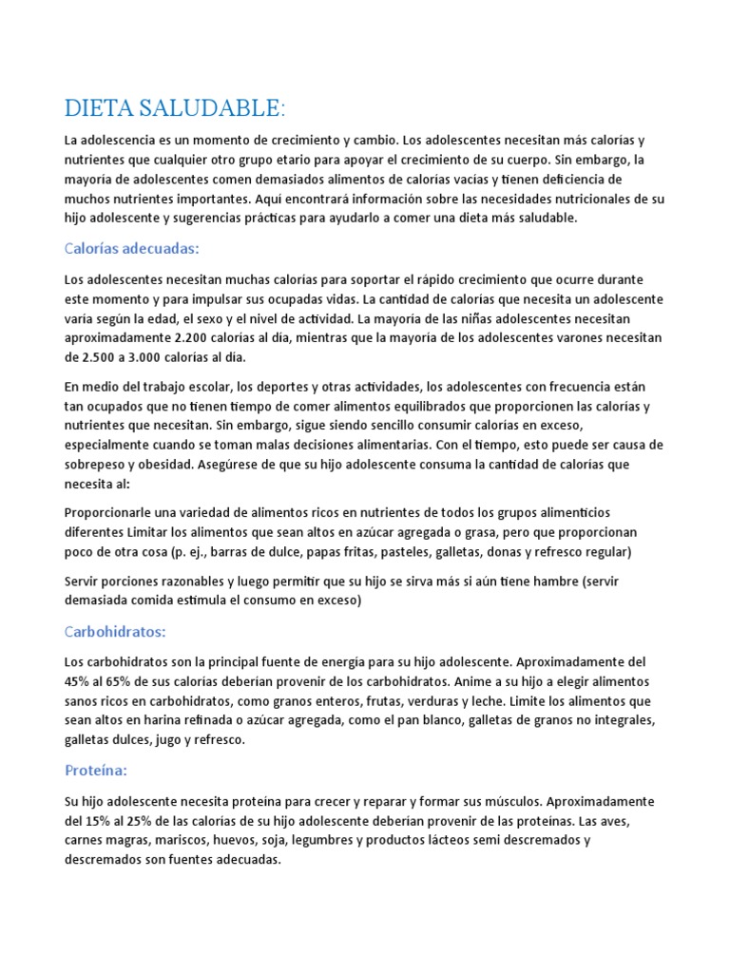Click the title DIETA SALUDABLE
174,108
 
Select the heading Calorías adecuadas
132,249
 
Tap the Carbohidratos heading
115,631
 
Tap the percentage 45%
78,680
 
